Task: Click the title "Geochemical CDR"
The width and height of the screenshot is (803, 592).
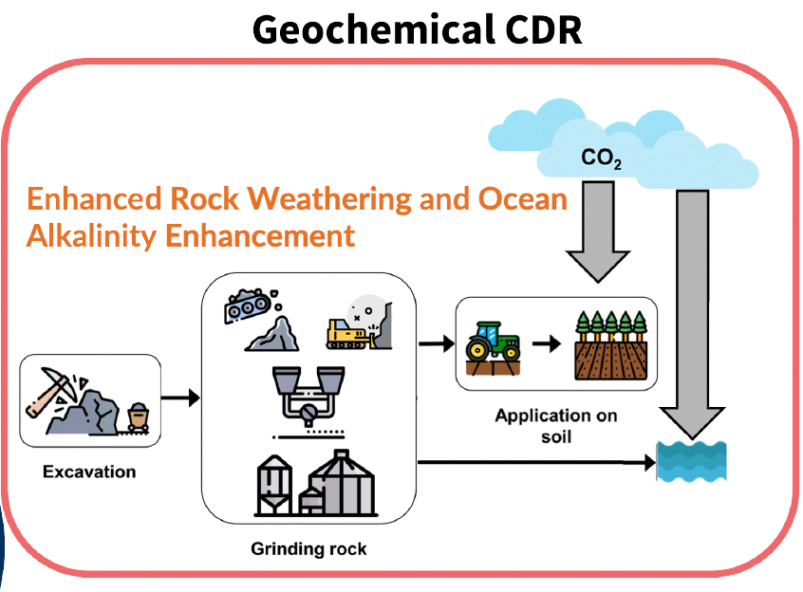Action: click(417, 30)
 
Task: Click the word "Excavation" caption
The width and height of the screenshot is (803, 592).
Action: click(89, 472)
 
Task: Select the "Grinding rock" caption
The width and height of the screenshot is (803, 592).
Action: click(308, 548)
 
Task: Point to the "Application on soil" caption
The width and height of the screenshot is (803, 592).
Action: click(555, 425)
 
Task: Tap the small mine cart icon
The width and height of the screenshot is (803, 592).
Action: click(140, 416)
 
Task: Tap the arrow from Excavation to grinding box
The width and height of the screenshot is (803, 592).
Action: click(181, 397)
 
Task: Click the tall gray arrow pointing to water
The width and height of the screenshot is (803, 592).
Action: click(697, 313)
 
